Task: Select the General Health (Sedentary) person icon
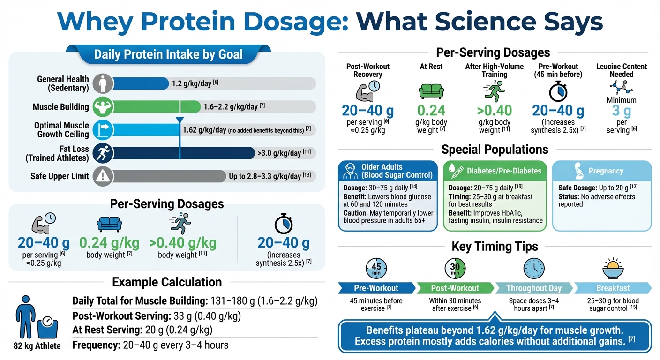click(x=102, y=83)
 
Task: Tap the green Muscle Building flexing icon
click(x=102, y=106)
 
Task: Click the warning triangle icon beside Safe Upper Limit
click(x=102, y=176)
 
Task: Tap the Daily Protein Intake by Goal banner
click(x=168, y=54)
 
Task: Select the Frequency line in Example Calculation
click(x=150, y=345)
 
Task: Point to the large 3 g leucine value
click(x=621, y=111)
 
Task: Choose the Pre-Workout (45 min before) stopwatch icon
click(x=558, y=92)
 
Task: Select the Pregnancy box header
click(x=606, y=171)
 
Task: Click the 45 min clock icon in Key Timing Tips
click(x=376, y=269)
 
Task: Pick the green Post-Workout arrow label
click(x=455, y=288)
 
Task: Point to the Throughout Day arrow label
click(x=533, y=288)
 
